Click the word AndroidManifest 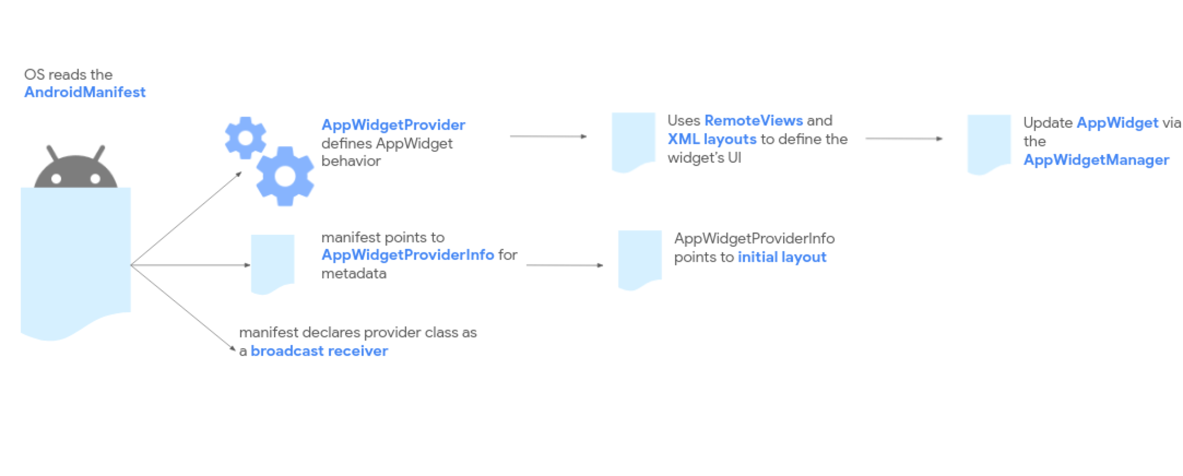tap(85, 92)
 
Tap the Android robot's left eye tap(56, 178)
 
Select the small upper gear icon tap(245, 138)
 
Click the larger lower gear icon tap(285, 176)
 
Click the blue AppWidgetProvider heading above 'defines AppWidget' tap(393, 125)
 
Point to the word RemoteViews tap(753, 121)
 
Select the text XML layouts tap(712, 139)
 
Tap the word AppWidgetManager tap(1096, 160)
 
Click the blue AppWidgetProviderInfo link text tap(407, 255)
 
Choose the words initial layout tap(782, 257)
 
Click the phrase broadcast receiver tap(319, 351)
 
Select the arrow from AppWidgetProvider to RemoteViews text tap(548, 136)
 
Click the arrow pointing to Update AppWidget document tap(903, 139)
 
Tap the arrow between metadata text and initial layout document tap(564, 265)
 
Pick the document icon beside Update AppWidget tap(989, 143)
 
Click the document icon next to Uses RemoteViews tap(633, 141)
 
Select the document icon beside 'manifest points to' tap(272, 263)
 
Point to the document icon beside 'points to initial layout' tap(640, 258)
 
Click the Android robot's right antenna tap(99, 153)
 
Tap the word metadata tap(353, 273)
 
